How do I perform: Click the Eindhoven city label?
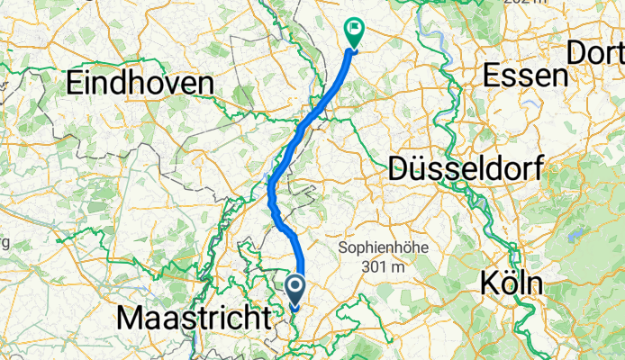[140, 84]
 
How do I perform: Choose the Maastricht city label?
[193, 317]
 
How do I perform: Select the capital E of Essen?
[491, 76]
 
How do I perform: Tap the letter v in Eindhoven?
[176, 84]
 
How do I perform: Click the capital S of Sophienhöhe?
[342, 247]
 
